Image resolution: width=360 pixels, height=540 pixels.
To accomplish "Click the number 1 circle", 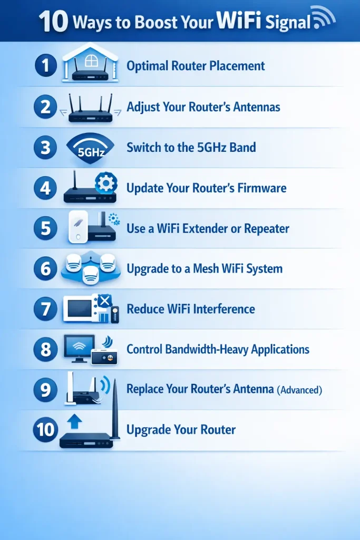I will click(x=45, y=66).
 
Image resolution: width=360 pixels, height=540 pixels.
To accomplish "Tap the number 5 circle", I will click(x=45, y=228).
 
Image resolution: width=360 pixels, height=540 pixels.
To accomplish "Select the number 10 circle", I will click(x=45, y=430).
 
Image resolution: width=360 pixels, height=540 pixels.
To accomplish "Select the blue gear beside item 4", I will click(x=105, y=183).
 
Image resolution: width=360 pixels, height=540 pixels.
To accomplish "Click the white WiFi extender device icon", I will click(x=77, y=227).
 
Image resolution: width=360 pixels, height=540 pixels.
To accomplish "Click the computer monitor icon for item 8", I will click(x=79, y=348).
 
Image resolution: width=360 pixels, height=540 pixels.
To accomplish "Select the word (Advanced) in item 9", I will click(x=299, y=390).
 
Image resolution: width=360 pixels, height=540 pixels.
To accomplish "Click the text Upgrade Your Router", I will click(x=181, y=430).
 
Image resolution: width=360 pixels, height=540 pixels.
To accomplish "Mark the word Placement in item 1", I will click(x=235, y=66).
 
